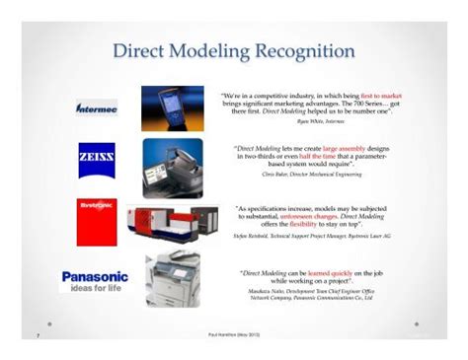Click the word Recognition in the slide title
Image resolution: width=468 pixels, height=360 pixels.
292,50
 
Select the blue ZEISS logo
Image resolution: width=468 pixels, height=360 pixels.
97,158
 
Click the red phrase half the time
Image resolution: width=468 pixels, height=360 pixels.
320,156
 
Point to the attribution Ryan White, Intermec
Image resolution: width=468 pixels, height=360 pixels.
316,124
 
